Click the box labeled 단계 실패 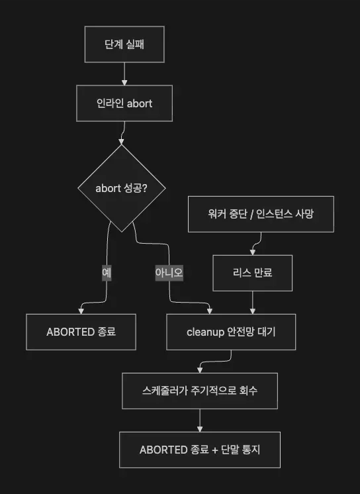point(124,44)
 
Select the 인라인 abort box point(124,103)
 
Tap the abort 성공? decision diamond point(122,189)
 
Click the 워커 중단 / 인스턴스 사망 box point(261,215)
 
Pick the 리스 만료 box point(253,273)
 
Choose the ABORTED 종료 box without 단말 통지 point(81,332)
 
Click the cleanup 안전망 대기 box point(231,332)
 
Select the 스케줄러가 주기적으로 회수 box point(200,391)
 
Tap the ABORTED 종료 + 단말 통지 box point(200,450)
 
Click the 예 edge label point(107,273)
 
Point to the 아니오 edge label point(169,273)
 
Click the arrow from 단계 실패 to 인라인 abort point(124,74)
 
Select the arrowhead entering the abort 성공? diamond point(121,142)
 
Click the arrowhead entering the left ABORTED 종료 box point(81,311)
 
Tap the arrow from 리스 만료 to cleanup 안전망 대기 point(253,303)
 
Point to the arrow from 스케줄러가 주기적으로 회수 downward point(200,420)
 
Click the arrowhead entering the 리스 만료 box point(253,252)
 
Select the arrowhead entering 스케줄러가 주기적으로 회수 point(200,370)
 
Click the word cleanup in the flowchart point(205,332)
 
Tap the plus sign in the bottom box point(215,450)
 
